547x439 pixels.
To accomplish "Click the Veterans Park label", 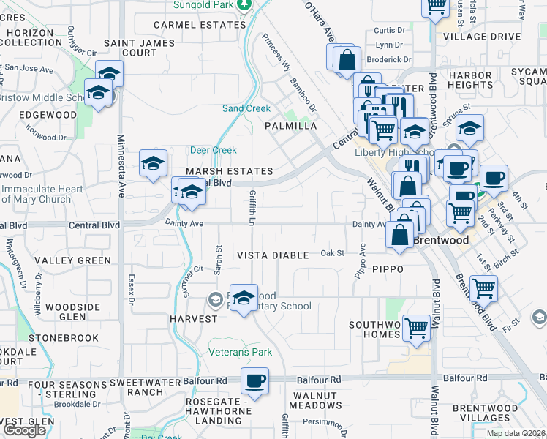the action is [241, 353].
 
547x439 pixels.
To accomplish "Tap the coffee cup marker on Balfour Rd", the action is [254, 381].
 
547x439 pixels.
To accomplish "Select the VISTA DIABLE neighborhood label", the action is [274, 255].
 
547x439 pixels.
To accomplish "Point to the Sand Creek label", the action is [246, 109].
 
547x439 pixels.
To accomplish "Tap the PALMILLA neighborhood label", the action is [291, 126].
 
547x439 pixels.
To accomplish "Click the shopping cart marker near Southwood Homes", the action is [416, 327].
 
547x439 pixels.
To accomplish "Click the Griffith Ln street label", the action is [253, 207].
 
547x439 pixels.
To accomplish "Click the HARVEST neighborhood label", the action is [193, 319].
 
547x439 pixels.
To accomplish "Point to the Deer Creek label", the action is [214, 151].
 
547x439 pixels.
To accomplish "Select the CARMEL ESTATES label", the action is [199, 24].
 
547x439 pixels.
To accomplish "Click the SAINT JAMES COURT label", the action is [139, 48].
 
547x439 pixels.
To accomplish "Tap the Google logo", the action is [23, 430].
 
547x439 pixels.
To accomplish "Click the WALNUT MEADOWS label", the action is [315, 400].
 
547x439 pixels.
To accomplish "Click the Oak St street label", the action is [333, 253].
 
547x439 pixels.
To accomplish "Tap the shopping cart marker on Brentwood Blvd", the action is [484, 288].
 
